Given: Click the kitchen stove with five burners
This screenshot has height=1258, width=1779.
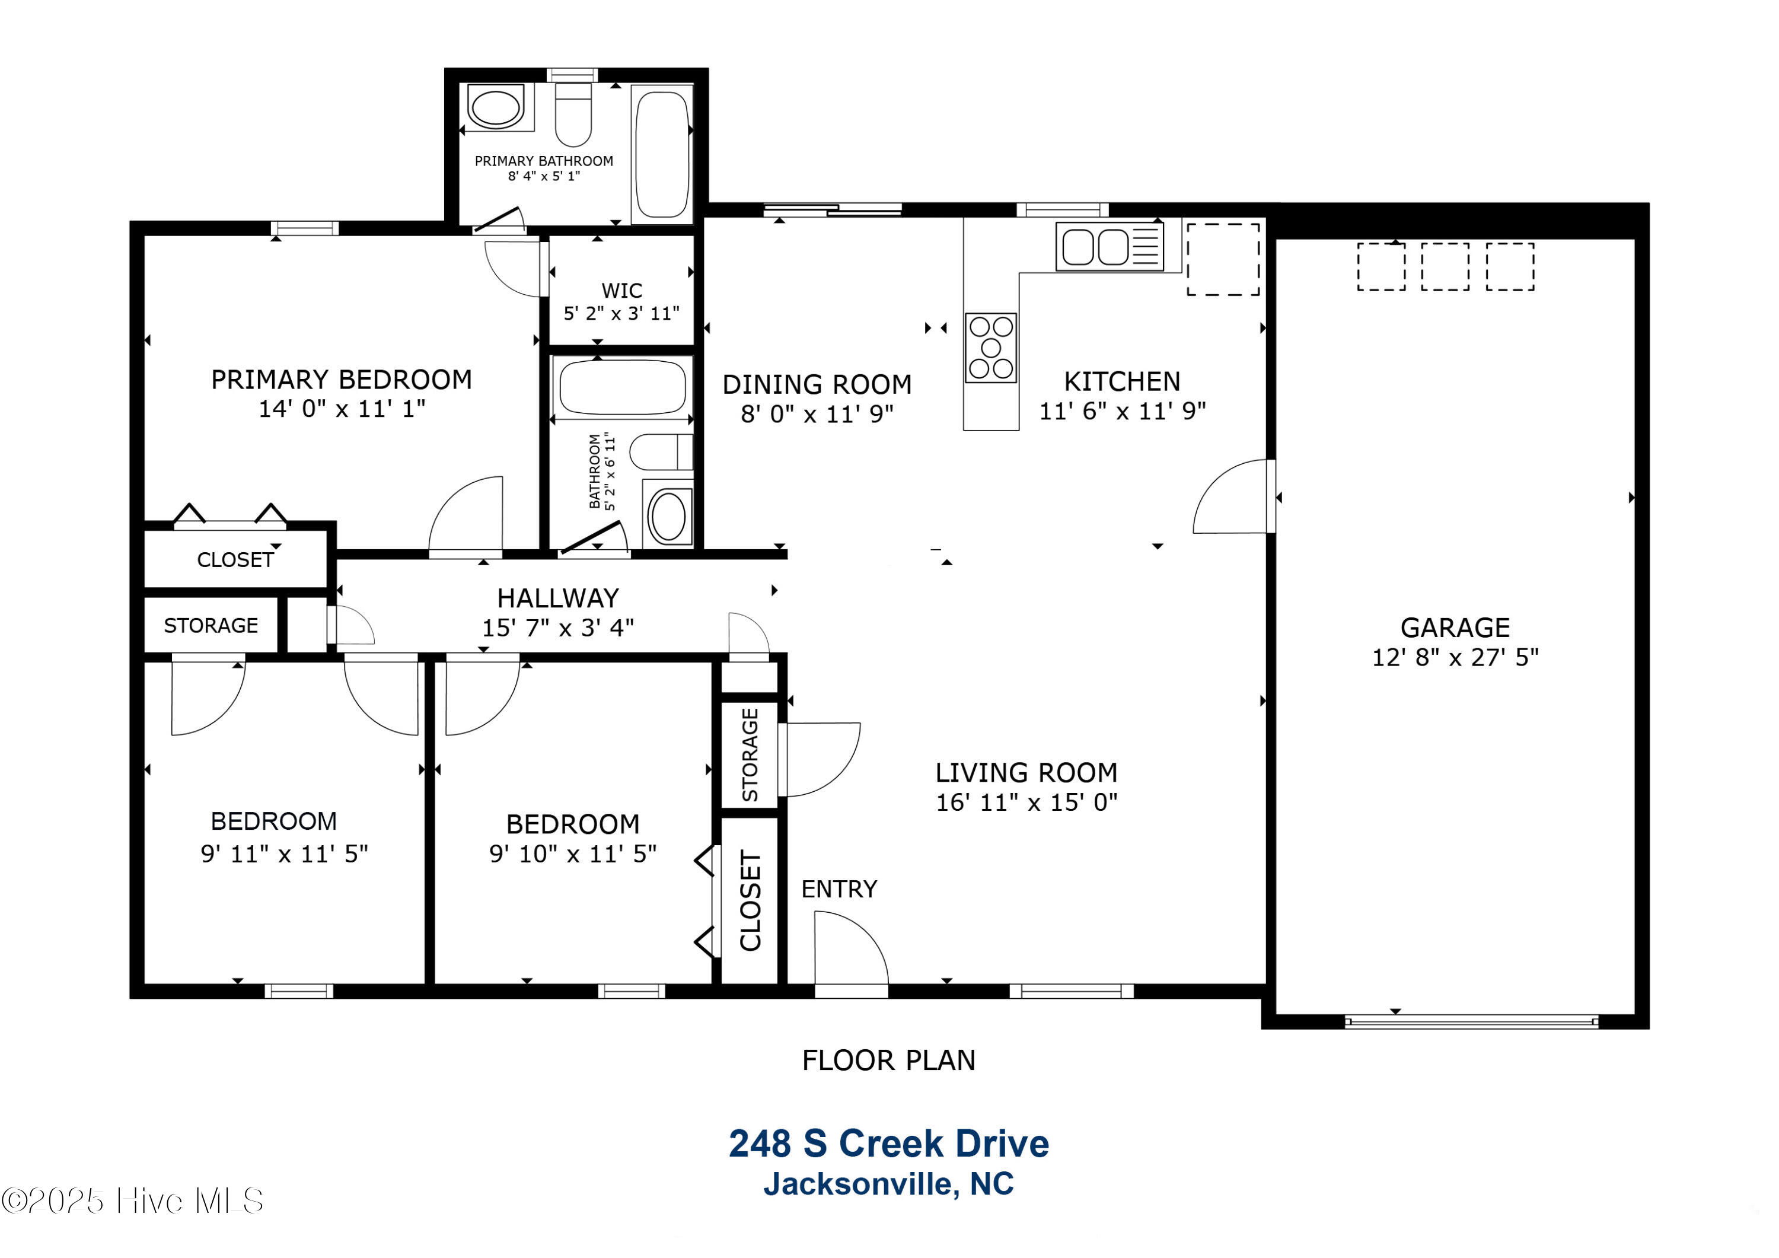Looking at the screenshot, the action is coord(990,348).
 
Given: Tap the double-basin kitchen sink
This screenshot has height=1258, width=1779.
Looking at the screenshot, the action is coord(1110,247).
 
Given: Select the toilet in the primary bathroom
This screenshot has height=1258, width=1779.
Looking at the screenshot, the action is coord(573,114).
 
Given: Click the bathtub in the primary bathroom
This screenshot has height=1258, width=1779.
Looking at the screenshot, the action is coord(662,154).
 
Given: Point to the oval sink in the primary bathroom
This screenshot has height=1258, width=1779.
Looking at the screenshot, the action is coord(497,108).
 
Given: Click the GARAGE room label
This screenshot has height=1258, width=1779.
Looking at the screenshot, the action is coord(1455,627).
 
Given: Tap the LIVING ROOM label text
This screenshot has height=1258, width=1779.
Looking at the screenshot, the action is coord(1026,773).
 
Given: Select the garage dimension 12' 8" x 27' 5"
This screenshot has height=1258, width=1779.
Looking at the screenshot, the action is coord(1455,657).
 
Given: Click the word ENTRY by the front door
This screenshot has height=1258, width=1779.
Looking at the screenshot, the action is coord(839,889).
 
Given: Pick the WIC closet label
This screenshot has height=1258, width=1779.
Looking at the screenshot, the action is coord(621,291).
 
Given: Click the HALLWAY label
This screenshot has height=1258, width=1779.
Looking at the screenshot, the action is coord(558,598).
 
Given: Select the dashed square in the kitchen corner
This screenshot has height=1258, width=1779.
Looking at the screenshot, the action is coord(1223,260).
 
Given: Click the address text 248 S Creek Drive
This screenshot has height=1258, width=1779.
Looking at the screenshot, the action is coord(889,1144).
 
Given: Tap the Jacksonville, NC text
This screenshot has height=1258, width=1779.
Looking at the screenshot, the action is coord(889,1184).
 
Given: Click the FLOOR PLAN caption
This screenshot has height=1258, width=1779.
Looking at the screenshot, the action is coord(889,1060).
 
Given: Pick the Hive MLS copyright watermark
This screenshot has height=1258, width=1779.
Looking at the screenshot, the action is coord(132,1200).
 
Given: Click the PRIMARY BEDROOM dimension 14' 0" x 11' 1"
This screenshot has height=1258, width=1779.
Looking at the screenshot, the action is coord(342,409).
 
